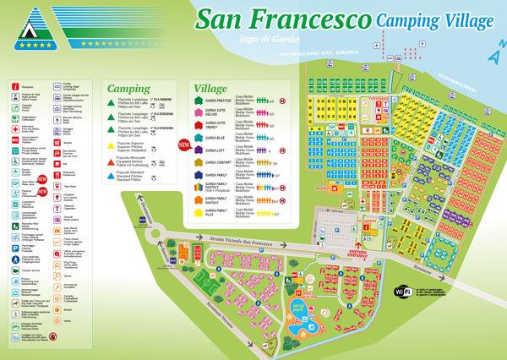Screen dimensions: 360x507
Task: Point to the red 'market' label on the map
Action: [x=319, y=188]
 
